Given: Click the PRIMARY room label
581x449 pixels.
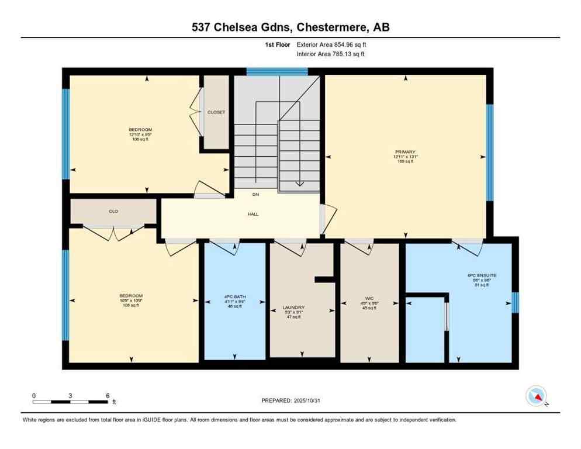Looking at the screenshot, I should pos(404,152).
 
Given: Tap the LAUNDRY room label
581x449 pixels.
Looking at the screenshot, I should pos(293,308).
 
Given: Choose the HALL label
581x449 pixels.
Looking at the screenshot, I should pos(253,214).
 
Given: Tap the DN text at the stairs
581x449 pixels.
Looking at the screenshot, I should pos(255,194).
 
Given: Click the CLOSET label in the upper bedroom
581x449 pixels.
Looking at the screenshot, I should pos(216,112).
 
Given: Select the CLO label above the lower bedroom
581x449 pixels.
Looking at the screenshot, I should pos(113,211).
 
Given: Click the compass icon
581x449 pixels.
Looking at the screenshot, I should pos(536,396).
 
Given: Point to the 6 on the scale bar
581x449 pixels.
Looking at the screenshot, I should pos(108,395).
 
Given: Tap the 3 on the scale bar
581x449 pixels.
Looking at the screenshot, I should pos(70,395).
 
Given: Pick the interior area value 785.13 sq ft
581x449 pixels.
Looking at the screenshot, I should pos(346,54).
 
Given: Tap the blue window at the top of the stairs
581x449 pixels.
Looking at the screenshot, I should pos(277,72).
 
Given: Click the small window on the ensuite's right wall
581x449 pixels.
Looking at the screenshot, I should pos(515,302).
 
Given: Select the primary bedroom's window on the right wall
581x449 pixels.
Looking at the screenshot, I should pos(490,152).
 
